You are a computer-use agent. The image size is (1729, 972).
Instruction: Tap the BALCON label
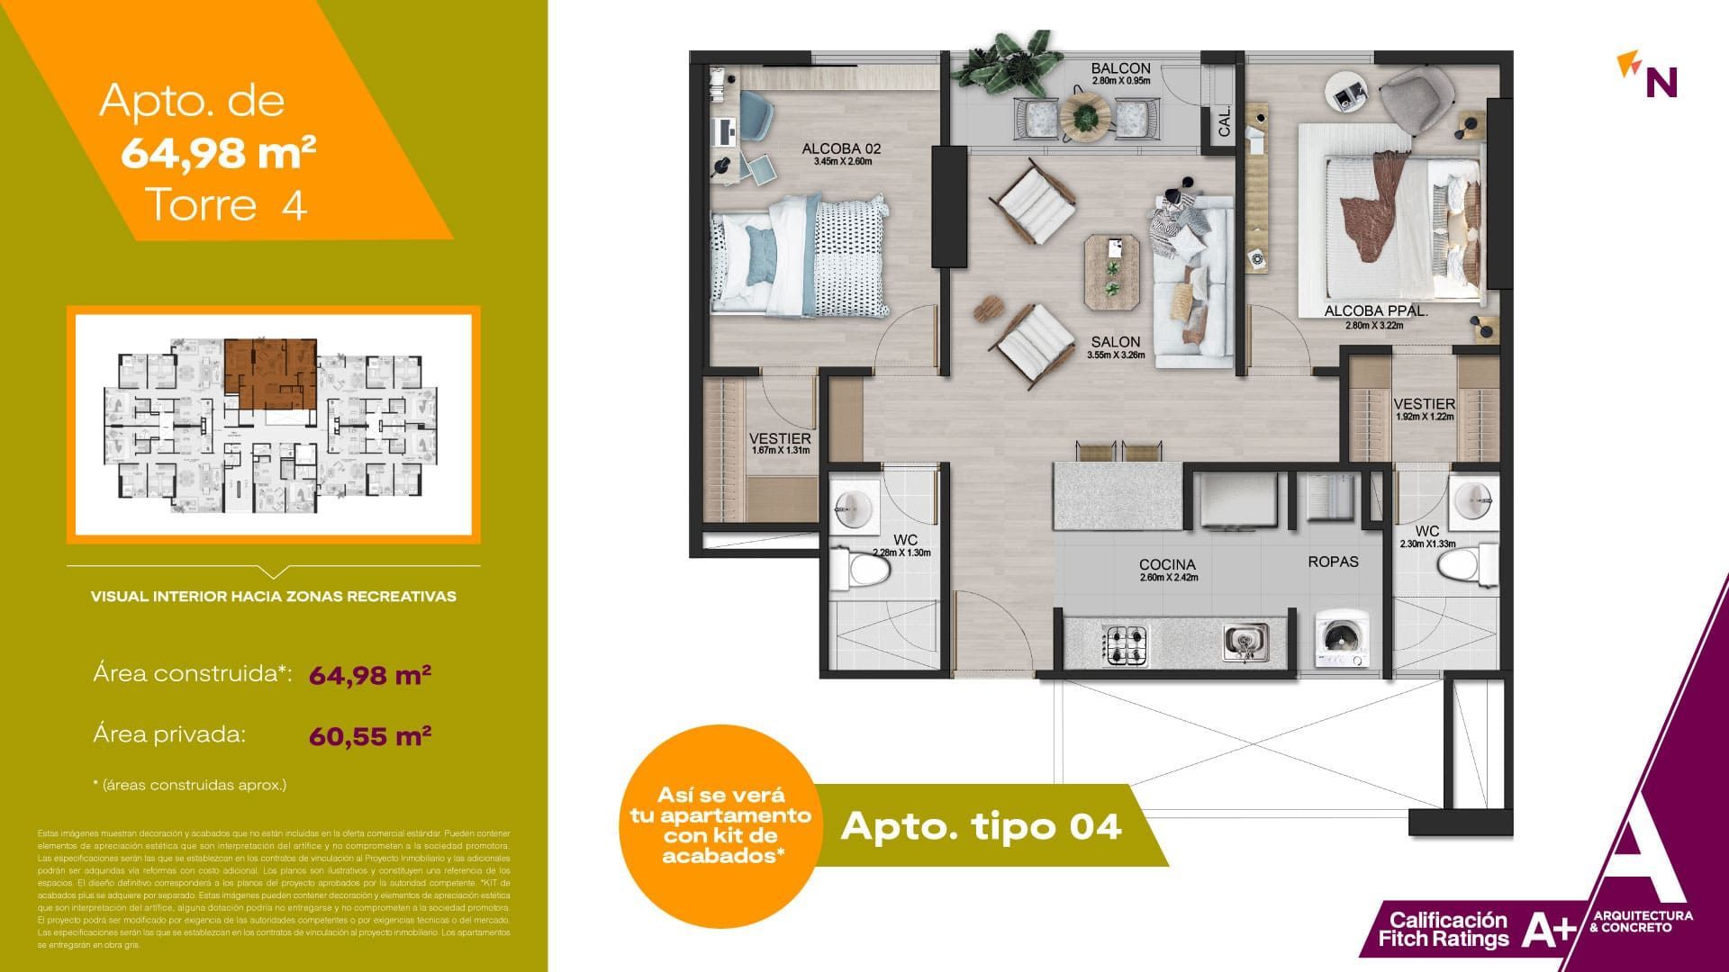(1120, 68)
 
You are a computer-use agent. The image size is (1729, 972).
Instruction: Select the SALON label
(1116, 342)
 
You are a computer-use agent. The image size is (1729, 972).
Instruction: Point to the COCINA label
(1167, 565)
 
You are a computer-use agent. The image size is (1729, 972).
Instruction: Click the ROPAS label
(1333, 562)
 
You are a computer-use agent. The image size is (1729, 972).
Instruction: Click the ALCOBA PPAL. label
(1376, 312)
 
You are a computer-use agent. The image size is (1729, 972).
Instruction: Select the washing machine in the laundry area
(1342, 640)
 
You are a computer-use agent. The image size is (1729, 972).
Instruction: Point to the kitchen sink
(1245, 643)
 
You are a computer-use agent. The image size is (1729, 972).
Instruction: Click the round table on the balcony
(1086, 116)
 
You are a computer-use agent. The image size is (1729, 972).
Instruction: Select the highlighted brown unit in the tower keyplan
(270, 373)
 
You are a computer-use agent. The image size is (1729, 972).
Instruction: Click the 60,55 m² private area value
(370, 735)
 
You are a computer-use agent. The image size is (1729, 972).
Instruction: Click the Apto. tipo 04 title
(981, 826)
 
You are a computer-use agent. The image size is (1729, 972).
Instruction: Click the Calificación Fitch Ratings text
(1444, 930)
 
